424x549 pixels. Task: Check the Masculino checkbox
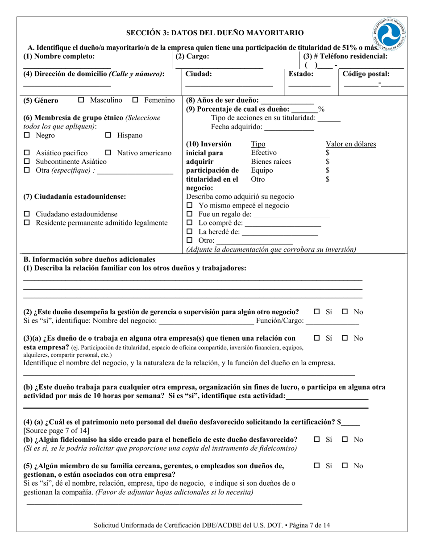click(x=81, y=100)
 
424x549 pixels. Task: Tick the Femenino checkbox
click(x=136, y=100)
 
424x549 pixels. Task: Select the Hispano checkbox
click(x=108, y=135)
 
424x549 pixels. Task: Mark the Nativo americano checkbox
click(x=108, y=153)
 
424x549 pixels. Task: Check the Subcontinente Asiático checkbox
click(x=27, y=162)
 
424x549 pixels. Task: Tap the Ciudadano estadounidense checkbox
click(x=27, y=214)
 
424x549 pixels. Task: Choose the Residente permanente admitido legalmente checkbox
click(x=27, y=223)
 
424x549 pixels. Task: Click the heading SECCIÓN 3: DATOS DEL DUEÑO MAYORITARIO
click(x=215, y=33)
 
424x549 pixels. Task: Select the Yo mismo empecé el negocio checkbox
click(x=189, y=206)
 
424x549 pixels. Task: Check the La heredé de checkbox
click(x=189, y=232)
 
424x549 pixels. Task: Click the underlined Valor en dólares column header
click(x=351, y=144)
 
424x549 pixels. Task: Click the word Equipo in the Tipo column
click(x=262, y=171)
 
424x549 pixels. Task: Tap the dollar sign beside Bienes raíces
click(x=328, y=162)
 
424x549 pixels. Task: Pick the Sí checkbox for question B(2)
click(x=317, y=312)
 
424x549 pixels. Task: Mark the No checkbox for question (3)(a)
click(x=345, y=338)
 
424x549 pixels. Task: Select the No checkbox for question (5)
click(x=345, y=466)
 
